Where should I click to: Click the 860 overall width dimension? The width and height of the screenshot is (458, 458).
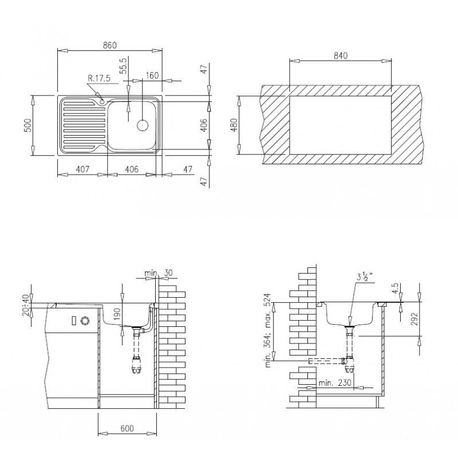click(109, 45)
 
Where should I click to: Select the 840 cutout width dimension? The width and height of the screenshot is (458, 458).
click(340, 55)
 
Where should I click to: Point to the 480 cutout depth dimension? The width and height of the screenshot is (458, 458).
click(234, 125)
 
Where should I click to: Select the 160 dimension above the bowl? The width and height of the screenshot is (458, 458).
click(152, 75)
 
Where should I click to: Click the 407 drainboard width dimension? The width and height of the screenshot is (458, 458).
click(82, 169)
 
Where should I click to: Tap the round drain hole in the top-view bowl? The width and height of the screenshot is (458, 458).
click(141, 124)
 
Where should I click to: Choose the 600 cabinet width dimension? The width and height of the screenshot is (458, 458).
click(127, 428)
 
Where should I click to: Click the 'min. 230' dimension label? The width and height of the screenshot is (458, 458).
click(335, 382)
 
